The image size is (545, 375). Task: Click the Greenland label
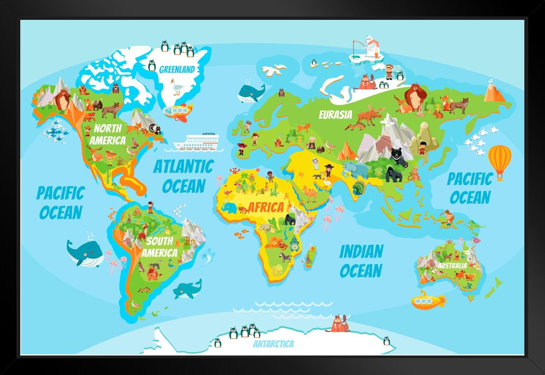pyautogui.click(x=177, y=69)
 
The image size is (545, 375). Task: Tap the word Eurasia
pyautogui.click(x=335, y=114)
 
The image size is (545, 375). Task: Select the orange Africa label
pyautogui.click(x=266, y=207)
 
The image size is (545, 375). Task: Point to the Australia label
pyautogui.click(x=452, y=265)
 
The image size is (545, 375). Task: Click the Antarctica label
pyautogui.click(x=273, y=343)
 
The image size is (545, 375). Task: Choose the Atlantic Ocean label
pyautogui.click(x=183, y=176)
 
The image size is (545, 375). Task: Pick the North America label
pyautogui.click(x=107, y=134)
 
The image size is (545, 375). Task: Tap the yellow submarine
pyautogui.click(x=427, y=300)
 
